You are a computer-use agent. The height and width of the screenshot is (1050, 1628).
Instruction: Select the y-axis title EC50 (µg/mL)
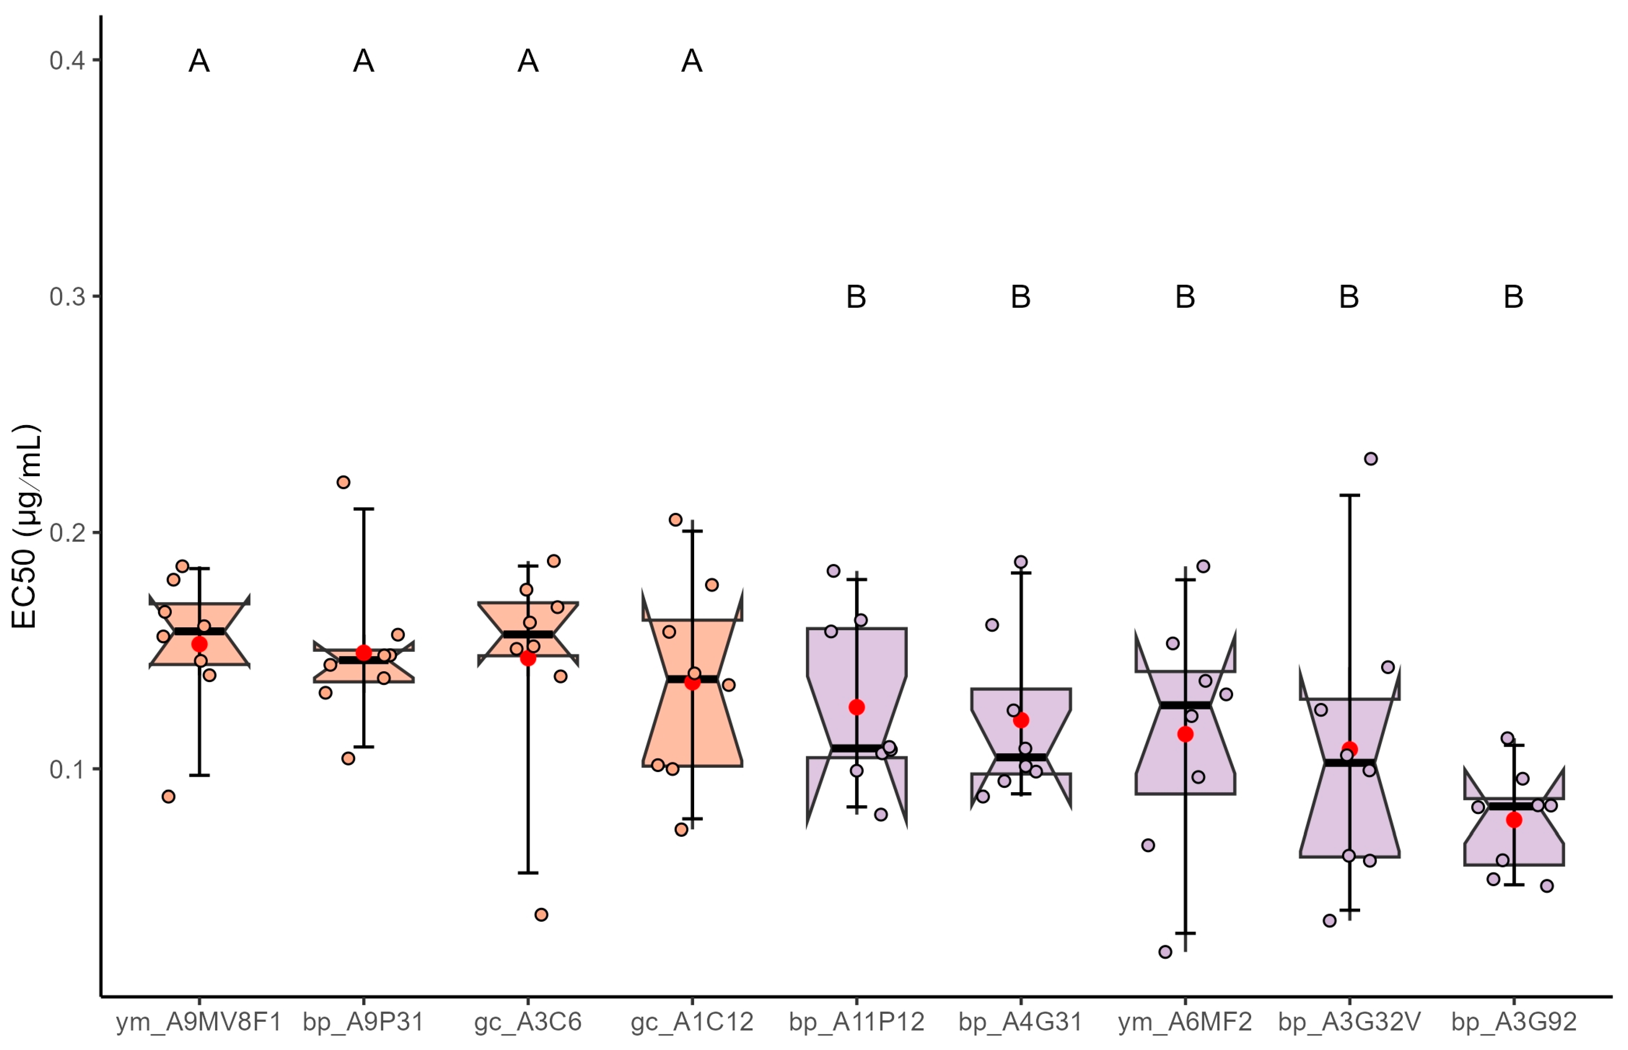pos(26,526)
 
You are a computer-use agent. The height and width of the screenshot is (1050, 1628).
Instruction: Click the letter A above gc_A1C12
pos(692,62)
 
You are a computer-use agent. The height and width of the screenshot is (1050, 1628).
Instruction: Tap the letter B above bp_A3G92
pos(1513,297)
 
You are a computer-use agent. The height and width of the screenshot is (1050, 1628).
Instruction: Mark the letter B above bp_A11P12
pos(856,297)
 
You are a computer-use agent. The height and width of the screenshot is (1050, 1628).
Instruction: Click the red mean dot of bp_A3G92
pos(1513,820)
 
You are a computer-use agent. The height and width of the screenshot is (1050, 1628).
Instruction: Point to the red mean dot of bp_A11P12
pos(856,707)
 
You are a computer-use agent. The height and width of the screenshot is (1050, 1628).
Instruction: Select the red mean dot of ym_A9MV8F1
pos(199,644)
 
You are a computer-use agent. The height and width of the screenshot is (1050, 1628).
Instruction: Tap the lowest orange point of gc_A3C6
pos(541,914)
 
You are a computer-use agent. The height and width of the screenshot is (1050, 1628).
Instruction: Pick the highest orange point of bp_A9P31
pos(343,482)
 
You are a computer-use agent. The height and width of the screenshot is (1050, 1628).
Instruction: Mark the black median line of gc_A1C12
pos(692,679)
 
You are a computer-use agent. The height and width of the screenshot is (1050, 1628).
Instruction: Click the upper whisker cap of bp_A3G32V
pos(1350,495)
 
